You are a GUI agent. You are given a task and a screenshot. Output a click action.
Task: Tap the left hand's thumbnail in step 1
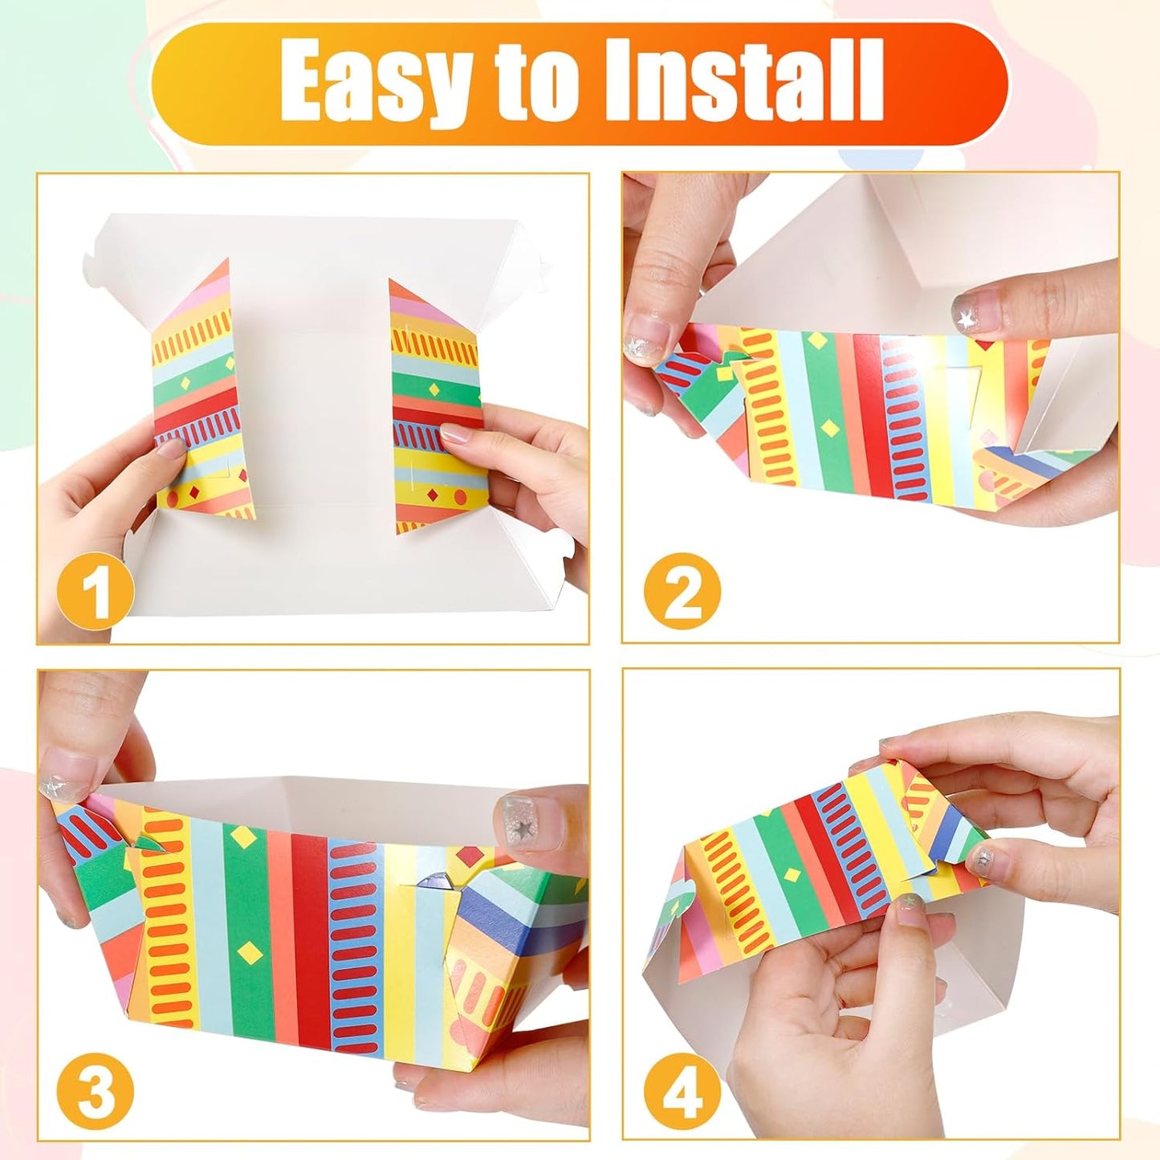170,450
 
